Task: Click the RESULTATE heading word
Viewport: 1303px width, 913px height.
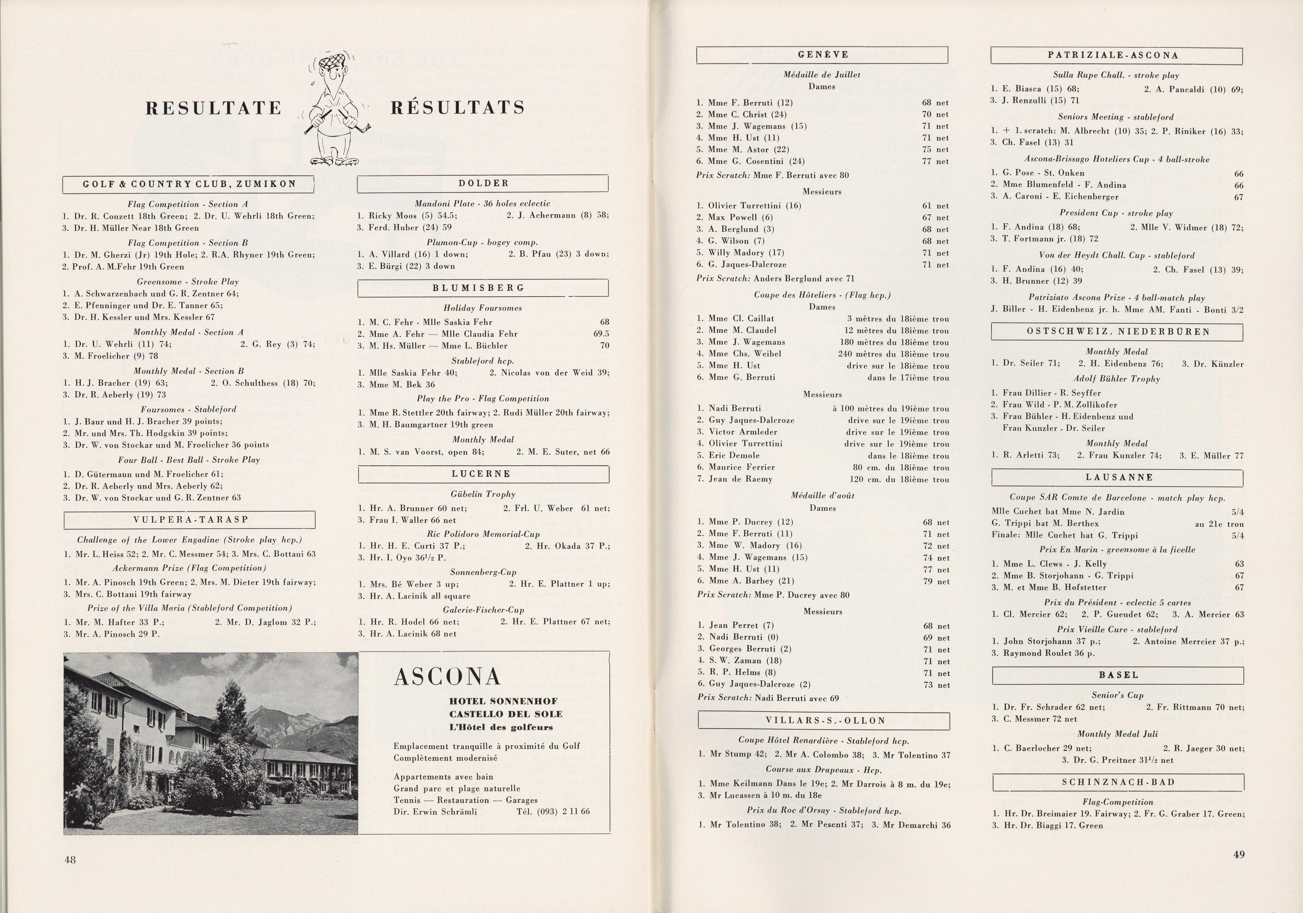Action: [213, 108]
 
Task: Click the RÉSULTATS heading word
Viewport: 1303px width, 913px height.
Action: [457, 107]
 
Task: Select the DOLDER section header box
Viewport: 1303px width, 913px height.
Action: [483, 183]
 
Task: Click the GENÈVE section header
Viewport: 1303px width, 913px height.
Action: [822, 54]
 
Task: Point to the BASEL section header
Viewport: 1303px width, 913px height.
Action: [1118, 675]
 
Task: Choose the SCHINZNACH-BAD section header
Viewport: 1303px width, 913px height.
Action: [1118, 782]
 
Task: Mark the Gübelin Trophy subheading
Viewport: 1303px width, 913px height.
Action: [483, 494]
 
